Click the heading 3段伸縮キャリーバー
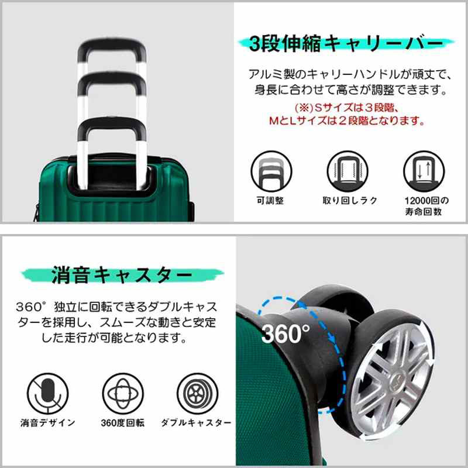click(346, 43)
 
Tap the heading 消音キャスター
click(122, 275)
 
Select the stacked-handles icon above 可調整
click(271, 171)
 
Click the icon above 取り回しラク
click(347, 171)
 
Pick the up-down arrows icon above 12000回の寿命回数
click(424, 171)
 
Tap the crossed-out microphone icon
click(48, 394)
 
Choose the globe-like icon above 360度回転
click(123, 394)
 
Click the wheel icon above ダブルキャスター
click(198, 394)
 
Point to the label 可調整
click(270, 201)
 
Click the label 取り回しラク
click(350, 201)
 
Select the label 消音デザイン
click(48, 422)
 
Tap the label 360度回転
click(123, 422)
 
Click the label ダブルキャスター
click(196, 422)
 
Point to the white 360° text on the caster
click(285, 333)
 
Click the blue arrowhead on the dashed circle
click(332, 338)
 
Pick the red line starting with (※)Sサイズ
click(347, 108)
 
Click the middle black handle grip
click(112, 82)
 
